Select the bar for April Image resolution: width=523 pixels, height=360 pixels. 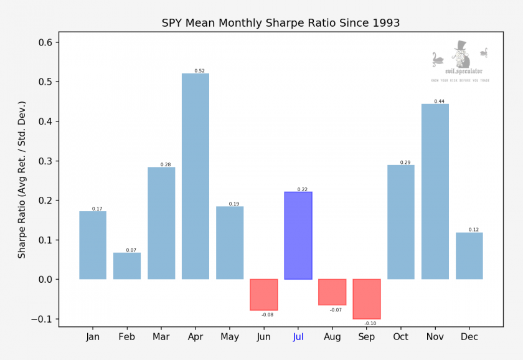196,176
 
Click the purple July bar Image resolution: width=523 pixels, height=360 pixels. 298,235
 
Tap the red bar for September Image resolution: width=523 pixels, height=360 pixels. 367,299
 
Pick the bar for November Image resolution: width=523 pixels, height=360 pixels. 435,191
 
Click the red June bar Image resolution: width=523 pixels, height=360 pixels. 264,295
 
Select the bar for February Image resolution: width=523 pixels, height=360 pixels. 127,266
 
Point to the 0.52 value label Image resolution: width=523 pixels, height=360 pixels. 199,71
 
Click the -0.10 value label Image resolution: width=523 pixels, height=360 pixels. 370,323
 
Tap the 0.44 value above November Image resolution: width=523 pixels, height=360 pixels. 439,102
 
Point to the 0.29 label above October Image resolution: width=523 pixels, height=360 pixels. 405,163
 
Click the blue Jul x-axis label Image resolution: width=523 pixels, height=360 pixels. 298,337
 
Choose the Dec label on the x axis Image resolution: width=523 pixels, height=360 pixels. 469,337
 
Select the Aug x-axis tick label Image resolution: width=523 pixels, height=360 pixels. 332,337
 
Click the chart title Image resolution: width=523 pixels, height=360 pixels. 281,23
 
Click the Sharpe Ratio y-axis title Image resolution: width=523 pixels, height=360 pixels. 22,179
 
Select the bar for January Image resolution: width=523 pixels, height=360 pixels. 93,245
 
